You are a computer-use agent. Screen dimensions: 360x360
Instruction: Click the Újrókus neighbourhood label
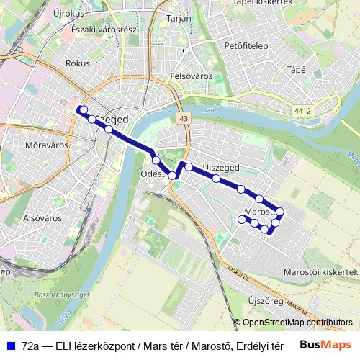(69, 13)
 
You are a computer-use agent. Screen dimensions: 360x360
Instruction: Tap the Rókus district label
(77, 63)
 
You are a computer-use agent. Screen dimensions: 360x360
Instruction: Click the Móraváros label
(46, 145)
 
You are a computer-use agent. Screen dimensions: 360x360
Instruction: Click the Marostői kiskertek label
(320, 272)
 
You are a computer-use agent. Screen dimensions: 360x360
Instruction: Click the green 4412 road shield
(302, 110)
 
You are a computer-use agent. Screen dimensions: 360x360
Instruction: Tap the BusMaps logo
(325, 345)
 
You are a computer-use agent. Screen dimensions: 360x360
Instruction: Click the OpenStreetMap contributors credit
(297, 323)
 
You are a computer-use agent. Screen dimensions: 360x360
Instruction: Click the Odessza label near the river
(153, 174)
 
